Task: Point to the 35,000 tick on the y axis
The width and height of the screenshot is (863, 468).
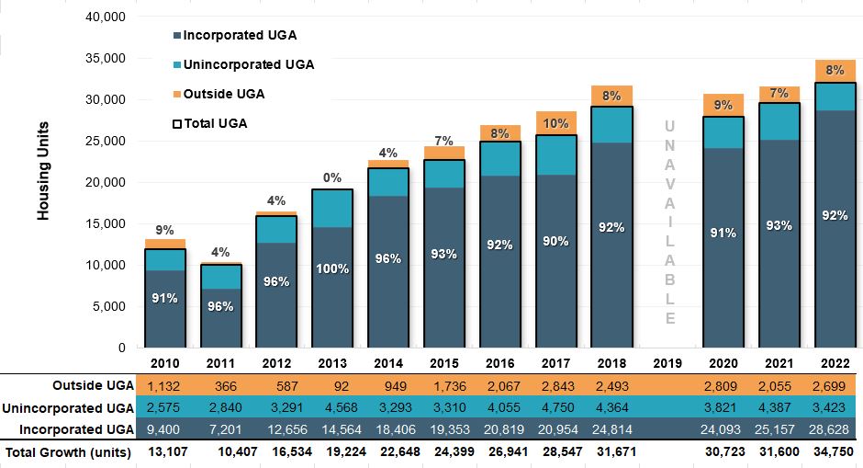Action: point(106,58)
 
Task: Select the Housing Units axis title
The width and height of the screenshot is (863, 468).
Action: point(43,171)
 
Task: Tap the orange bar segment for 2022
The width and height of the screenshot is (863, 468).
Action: point(835,71)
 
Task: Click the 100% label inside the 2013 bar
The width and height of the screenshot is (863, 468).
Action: point(332,268)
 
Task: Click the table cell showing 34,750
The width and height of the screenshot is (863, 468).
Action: point(835,452)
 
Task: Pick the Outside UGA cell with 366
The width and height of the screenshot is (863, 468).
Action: point(220,385)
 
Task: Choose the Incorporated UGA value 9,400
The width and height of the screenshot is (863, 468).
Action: point(164,429)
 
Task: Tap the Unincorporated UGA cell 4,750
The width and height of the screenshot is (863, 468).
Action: point(555,407)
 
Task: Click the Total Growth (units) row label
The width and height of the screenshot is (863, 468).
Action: point(69,452)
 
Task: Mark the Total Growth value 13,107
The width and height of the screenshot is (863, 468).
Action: point(164,452)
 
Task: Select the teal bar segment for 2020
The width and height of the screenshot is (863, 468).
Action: point(723,132)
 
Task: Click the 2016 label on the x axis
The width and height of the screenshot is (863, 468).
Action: point(499,362)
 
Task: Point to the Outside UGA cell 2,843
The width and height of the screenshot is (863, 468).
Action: point(555,385)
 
